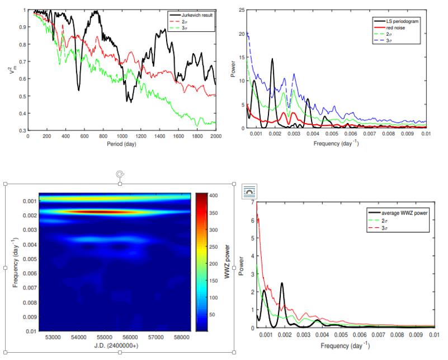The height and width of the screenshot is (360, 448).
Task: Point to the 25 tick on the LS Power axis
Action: point(242,10)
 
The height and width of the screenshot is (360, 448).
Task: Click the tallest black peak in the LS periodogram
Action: point(272,59)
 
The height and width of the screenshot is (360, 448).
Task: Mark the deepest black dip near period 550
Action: point(78,90)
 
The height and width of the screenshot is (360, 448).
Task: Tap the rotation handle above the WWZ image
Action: point(119,174)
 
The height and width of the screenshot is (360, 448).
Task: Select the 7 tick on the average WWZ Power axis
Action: point(253,202)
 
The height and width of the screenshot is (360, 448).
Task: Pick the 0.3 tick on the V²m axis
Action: point(22,130)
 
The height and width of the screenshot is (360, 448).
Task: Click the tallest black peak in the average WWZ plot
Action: point(282,283)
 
